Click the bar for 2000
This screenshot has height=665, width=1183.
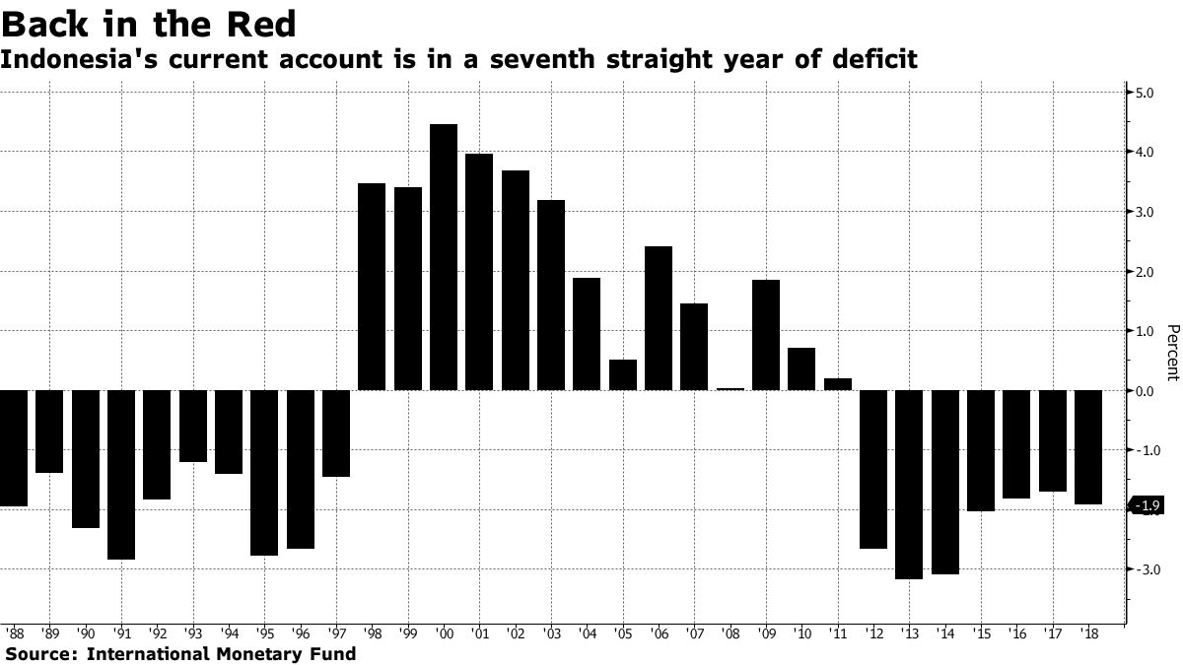pos(444,257)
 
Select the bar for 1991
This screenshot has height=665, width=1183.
pos(121,475)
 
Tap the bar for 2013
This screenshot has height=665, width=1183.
pos(909,485)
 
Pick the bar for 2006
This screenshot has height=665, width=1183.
pos(659,318)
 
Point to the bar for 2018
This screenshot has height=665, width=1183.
pos(1088,447)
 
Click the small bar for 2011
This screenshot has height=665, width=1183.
pos(838,384)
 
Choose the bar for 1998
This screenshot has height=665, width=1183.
pos(372,287)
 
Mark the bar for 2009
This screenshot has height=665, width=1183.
pos(766,335)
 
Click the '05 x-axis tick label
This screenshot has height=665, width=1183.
pos(623,632)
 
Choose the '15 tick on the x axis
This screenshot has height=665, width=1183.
pos(981,632)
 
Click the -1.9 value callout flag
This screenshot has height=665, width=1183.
pos(1148,506)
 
